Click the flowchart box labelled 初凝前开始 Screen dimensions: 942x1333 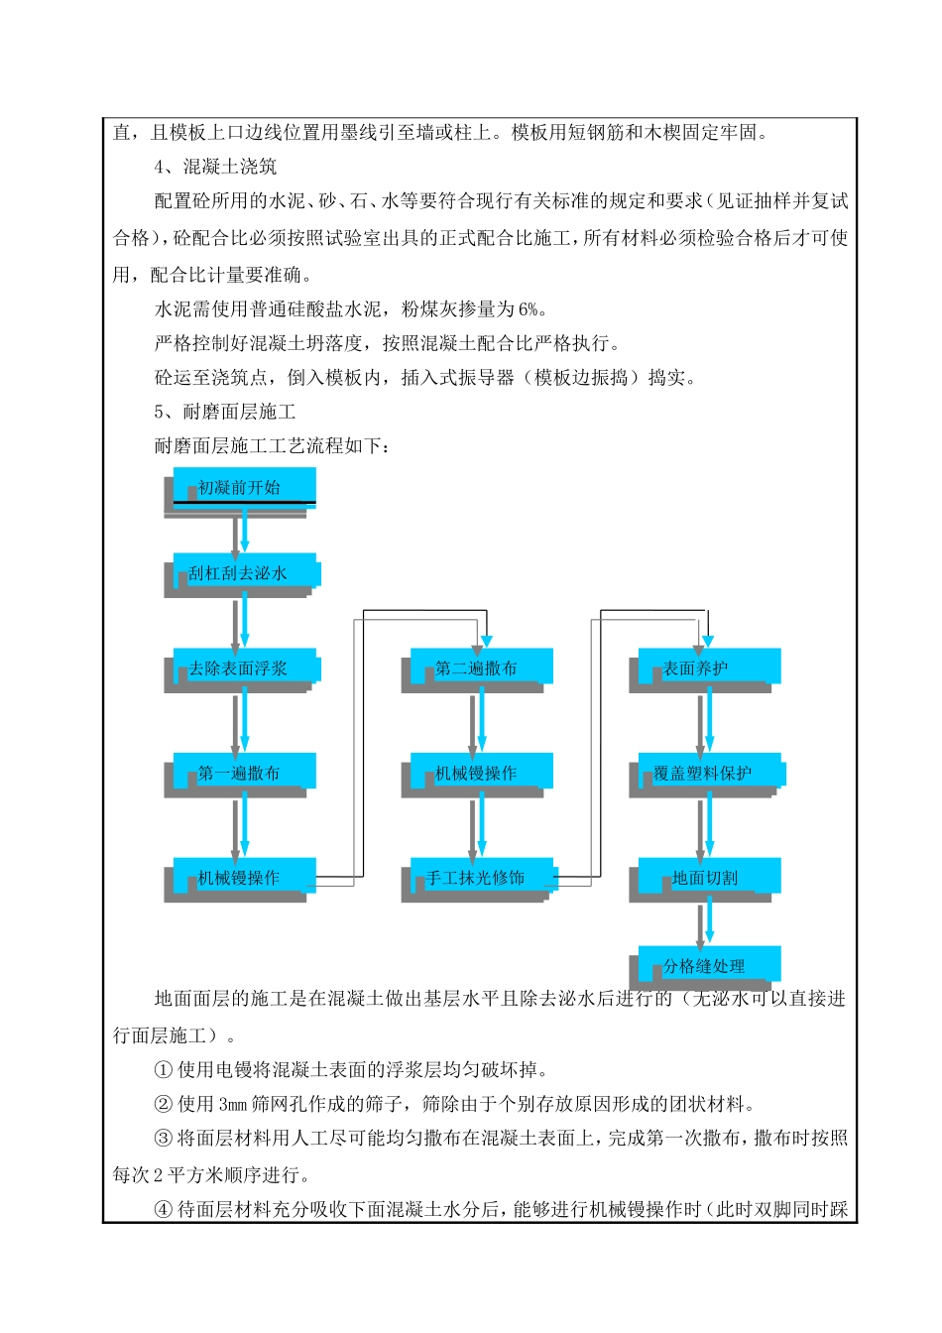[x=244, y=487]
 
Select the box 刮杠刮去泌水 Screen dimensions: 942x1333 [x=244, y=572]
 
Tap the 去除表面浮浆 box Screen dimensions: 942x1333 [x=244, y=667]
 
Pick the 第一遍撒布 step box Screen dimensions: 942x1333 [x=244, y=773]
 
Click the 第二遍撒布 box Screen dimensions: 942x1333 [x=481, y=667]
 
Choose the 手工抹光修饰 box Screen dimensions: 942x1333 [x=481, y=877]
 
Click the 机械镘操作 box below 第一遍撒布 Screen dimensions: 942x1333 [x=244, y=877]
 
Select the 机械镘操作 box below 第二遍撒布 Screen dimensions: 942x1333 [x=481, y=773]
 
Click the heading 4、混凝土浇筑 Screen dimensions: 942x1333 [x=215, y=167]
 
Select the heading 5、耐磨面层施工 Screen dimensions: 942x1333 [x=225, y=412]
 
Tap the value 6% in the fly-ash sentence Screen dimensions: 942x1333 [x=529, y=309]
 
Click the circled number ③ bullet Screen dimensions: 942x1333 [x=164, y=1139]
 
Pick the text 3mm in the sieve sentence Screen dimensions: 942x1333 [x=232, y=1105]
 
